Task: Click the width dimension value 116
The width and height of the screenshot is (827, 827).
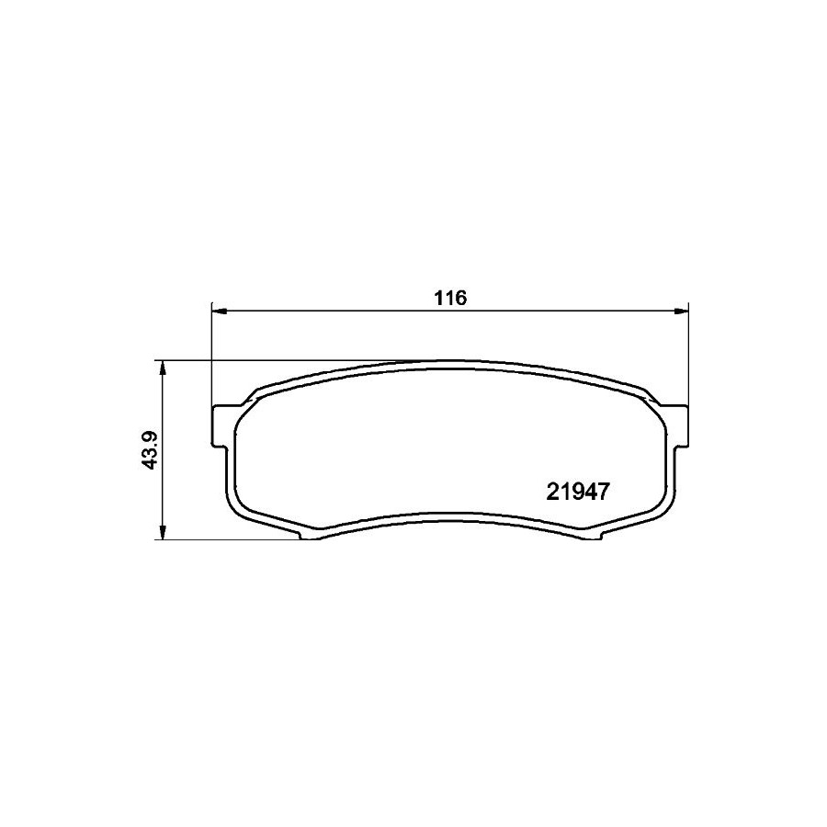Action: [x=450, y=298]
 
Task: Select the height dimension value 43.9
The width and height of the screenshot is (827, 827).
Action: [x=152, y=450]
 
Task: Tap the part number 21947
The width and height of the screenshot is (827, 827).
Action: [x=578, y=493]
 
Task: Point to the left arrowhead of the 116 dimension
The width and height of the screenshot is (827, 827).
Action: [x=219, y=312]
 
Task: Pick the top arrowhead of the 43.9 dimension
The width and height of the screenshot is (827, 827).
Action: [x=164, y=368]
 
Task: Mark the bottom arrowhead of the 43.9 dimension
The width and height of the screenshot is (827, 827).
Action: [x=164, y=532]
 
